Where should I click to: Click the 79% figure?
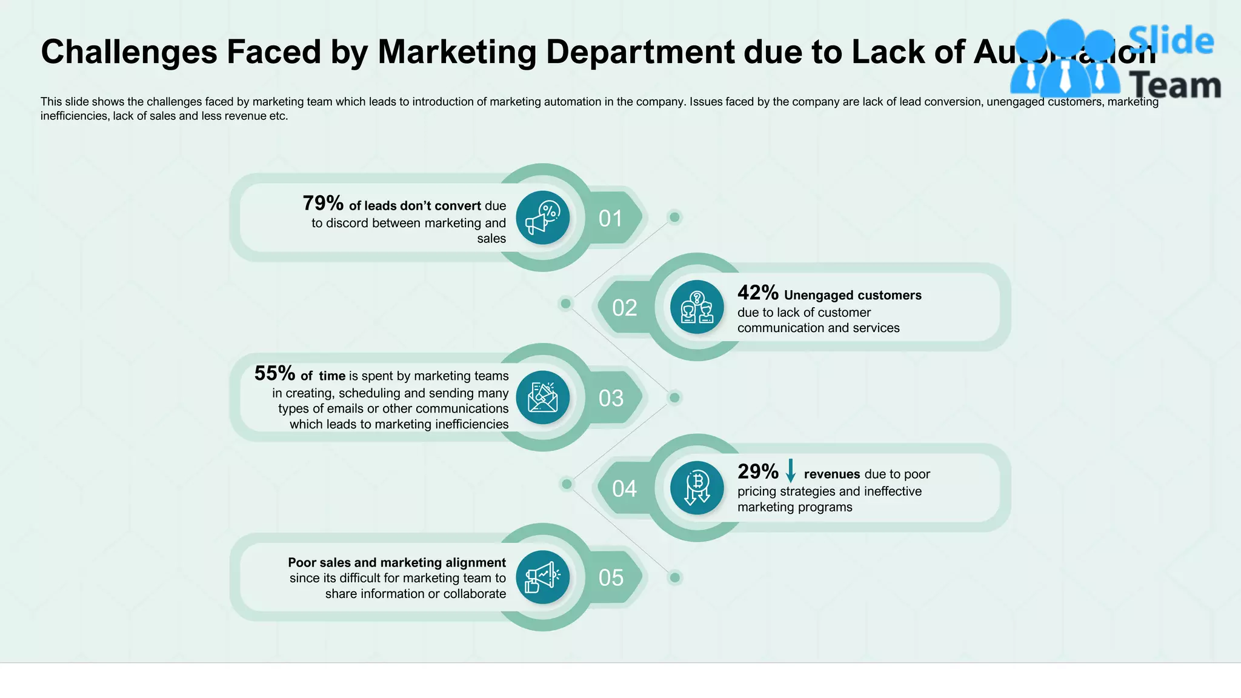click(323, 204)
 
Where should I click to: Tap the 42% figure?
click(757, 293)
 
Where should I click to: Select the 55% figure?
click(274, 374)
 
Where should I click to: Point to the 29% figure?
click(757, 472)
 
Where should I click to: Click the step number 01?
click(610, 219)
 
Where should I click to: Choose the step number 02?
click(624, 308)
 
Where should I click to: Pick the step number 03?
click(610, 399)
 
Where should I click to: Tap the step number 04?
click(624, 489)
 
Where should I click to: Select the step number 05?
click(610, 578)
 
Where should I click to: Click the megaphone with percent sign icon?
click(542, 218)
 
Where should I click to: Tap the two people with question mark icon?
click(697, 307)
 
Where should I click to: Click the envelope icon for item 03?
click(542, 397)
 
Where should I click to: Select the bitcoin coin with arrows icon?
click(697, 488)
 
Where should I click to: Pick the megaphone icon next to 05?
click(542, 577)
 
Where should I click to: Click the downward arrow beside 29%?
click(790, 471)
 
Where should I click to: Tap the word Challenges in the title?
click(128, 52)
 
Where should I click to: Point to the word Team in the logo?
click(1176, 85)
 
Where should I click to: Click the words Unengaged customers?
click(852, 296)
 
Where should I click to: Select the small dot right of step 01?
click(674, 217)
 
